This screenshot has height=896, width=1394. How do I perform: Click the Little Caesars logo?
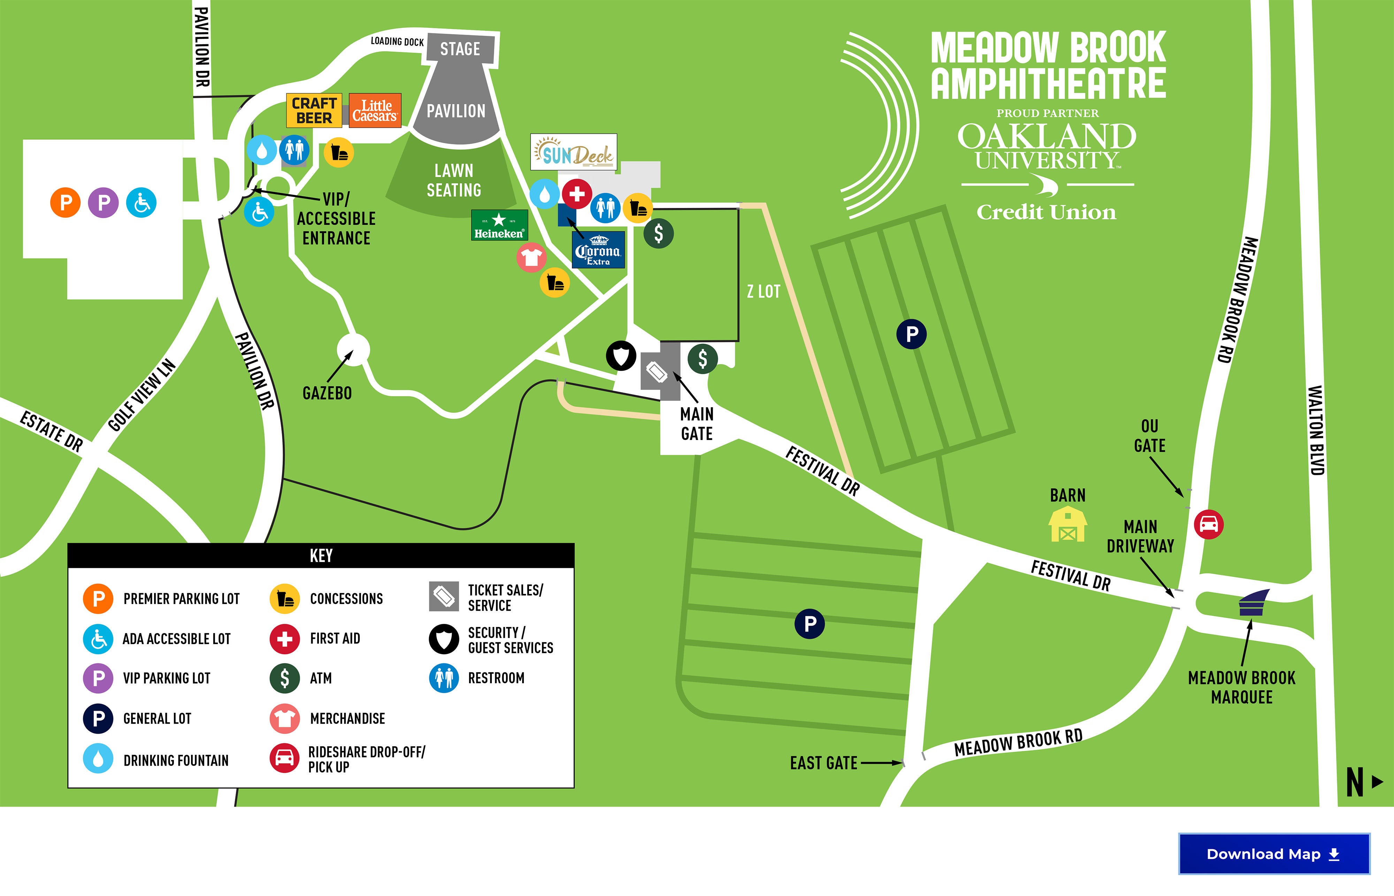pos(375,110)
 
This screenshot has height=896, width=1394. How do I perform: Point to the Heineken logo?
pos(499,225)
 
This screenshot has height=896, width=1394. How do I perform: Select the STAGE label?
pos(460,49)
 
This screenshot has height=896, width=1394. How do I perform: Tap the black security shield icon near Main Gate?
pos(621,355)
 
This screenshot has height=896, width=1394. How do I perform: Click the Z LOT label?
pos(763,292)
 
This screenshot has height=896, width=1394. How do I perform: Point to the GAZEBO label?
pos(327,393)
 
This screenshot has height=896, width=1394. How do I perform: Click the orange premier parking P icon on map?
pos(65,202)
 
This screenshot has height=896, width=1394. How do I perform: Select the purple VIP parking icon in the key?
pos(98,678)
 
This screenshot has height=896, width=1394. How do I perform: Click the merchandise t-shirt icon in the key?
pos(284,719)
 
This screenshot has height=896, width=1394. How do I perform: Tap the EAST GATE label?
pos(823,763)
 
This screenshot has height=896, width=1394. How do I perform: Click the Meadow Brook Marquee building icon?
pos(1252,603)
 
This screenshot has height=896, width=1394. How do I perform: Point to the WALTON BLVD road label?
pos(1316,431)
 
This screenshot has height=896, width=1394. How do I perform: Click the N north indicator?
pos(1355,782)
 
